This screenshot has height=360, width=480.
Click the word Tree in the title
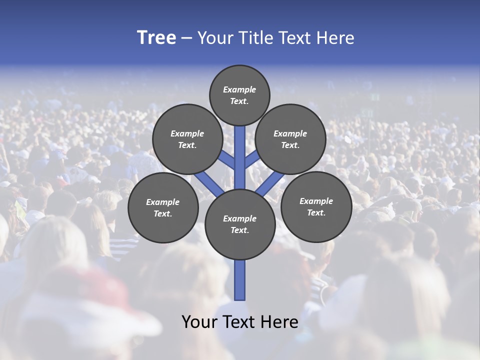(156, 38)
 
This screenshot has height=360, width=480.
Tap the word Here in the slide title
(334, 38)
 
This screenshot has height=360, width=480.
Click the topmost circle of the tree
(239, 95)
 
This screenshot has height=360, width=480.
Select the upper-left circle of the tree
(187, 139)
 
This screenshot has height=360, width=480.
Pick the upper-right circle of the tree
(290, 139)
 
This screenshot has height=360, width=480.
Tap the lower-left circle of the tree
(163, 207)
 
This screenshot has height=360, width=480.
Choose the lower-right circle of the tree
(316, 206)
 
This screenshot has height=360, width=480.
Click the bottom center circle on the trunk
(240, 224)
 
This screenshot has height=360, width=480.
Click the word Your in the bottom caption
(199, 322)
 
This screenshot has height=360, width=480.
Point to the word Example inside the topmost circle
(239, 89)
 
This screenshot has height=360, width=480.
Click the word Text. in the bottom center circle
(240, 230)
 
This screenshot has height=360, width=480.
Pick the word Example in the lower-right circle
(316, 201)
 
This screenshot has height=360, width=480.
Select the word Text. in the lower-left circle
(163, 214)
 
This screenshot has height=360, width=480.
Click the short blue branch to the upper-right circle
(252, 158)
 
